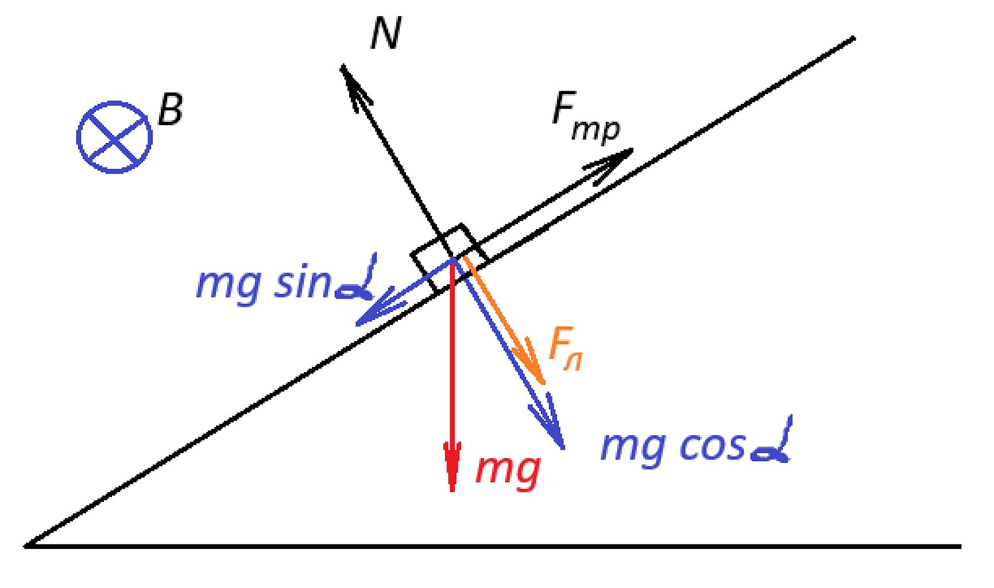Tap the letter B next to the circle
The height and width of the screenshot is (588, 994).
170,110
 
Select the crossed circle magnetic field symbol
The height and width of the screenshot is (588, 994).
115,137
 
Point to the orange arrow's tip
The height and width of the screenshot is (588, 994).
542,382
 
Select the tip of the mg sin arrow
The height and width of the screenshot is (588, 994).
357,324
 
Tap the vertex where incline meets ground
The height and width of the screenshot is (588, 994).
25,546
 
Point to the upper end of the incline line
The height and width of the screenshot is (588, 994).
854,38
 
